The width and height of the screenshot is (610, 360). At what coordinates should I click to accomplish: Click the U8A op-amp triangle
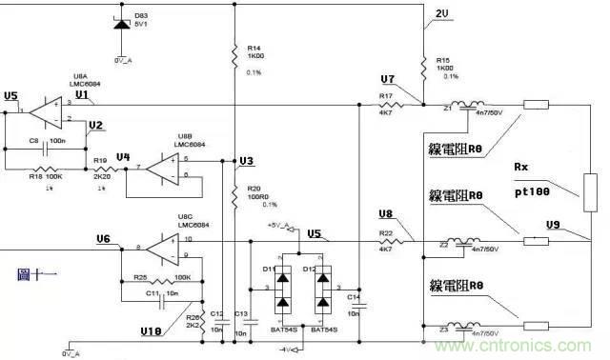point(44,113)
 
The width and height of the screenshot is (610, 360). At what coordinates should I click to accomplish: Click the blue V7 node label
point(386,78)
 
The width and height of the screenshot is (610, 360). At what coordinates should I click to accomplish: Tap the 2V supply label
point(440,12)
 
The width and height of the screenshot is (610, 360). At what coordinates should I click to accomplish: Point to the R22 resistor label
point(385,231)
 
